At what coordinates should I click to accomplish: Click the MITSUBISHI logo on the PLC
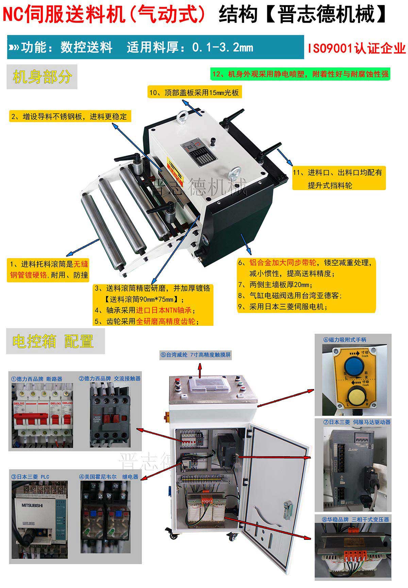click(32, 506)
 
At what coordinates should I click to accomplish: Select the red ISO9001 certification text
click(357, 48)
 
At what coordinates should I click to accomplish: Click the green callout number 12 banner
click(301, 74)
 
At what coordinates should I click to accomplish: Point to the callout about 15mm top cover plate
click(194, 92)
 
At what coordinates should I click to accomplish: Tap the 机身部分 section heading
click(42, 77)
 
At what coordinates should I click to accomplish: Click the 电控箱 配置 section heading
click(53, 341)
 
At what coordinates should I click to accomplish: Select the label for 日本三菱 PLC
click(30, 477)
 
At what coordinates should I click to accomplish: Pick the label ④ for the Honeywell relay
click(109, 477)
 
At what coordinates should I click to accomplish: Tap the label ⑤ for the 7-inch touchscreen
click(196, 355)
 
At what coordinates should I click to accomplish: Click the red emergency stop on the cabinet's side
click(167, 417)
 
